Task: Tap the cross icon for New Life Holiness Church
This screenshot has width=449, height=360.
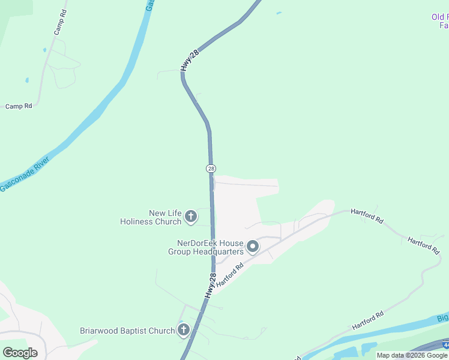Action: pos(191,217)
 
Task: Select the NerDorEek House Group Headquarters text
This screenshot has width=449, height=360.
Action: pos(206,247)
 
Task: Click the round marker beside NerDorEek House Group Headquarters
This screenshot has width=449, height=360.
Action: pos(253,247)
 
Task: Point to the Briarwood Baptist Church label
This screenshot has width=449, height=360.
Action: pos(127,331)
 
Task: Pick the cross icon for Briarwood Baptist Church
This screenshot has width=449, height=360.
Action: pos(184,330)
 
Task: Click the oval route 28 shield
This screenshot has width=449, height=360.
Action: pos(211,169)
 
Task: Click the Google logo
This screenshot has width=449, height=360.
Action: pos(20,353)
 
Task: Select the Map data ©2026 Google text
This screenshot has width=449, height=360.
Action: pos(412,355)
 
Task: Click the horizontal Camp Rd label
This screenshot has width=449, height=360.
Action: pos(19,106)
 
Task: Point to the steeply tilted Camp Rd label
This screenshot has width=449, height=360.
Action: pos(59,22)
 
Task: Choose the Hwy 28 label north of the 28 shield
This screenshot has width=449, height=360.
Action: pos(188,61)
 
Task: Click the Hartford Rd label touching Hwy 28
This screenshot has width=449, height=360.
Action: pos(230,274)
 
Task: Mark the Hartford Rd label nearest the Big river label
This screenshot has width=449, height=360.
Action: pos(367,321)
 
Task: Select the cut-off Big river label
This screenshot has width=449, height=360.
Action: pos(442,317)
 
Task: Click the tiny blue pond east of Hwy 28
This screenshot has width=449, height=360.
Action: pos(278,13)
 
